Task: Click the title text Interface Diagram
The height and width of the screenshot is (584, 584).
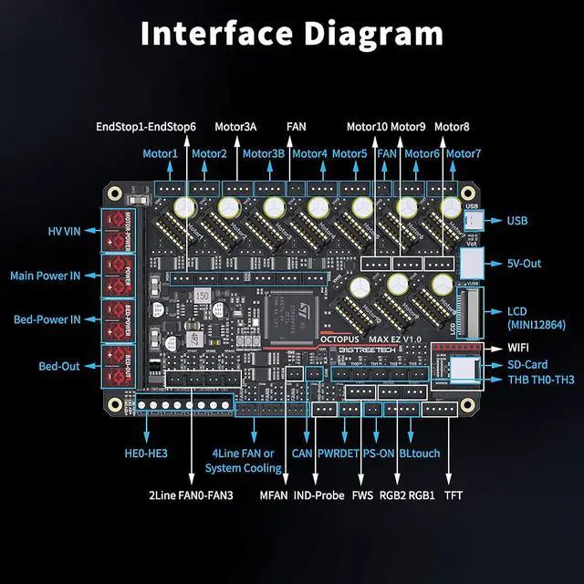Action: pyautogui.click(x=291, y=33)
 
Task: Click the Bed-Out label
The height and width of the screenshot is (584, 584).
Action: pyautogui.click(x=59, y=366)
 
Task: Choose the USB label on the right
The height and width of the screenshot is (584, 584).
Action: pyautogui.click(x=517, y=221)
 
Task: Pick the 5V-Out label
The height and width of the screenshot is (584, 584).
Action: pyautogui.click(x=524, y=264)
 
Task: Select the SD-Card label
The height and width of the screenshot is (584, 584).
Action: pyautogui.click(x=527, y=364)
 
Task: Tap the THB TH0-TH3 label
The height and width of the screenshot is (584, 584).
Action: pyautogui.click(x=541, y=380)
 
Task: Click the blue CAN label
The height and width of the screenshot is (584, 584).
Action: pyautogui.click(x=302, y=451)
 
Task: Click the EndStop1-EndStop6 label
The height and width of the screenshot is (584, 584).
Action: pyautogui.click(x=146, y=126)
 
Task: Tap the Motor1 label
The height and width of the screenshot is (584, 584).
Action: pyautogui.click(x=161, y=153)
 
